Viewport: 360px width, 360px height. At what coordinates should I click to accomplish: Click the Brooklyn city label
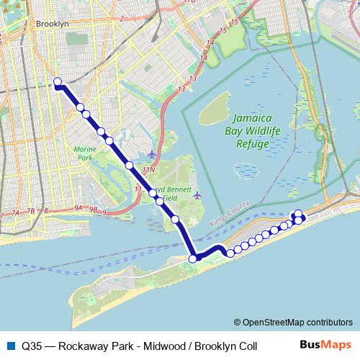[x=51, y=24]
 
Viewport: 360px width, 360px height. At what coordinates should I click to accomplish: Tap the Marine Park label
[x=85, y=153]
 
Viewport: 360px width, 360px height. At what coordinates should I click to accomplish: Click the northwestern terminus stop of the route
[x=57, y=82]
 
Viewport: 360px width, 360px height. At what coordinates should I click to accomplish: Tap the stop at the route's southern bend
[x=193, y=258]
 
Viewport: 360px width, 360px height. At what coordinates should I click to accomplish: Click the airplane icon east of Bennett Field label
[x=197, y=194]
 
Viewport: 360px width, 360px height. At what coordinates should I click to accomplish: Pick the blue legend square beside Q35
[x=9, y=346]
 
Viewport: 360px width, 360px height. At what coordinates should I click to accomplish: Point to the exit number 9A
[x=78, y=208]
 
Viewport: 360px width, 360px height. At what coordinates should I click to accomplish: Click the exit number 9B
[x=93, y=210]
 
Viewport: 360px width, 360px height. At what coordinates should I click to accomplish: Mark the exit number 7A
[x=14, y=214]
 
